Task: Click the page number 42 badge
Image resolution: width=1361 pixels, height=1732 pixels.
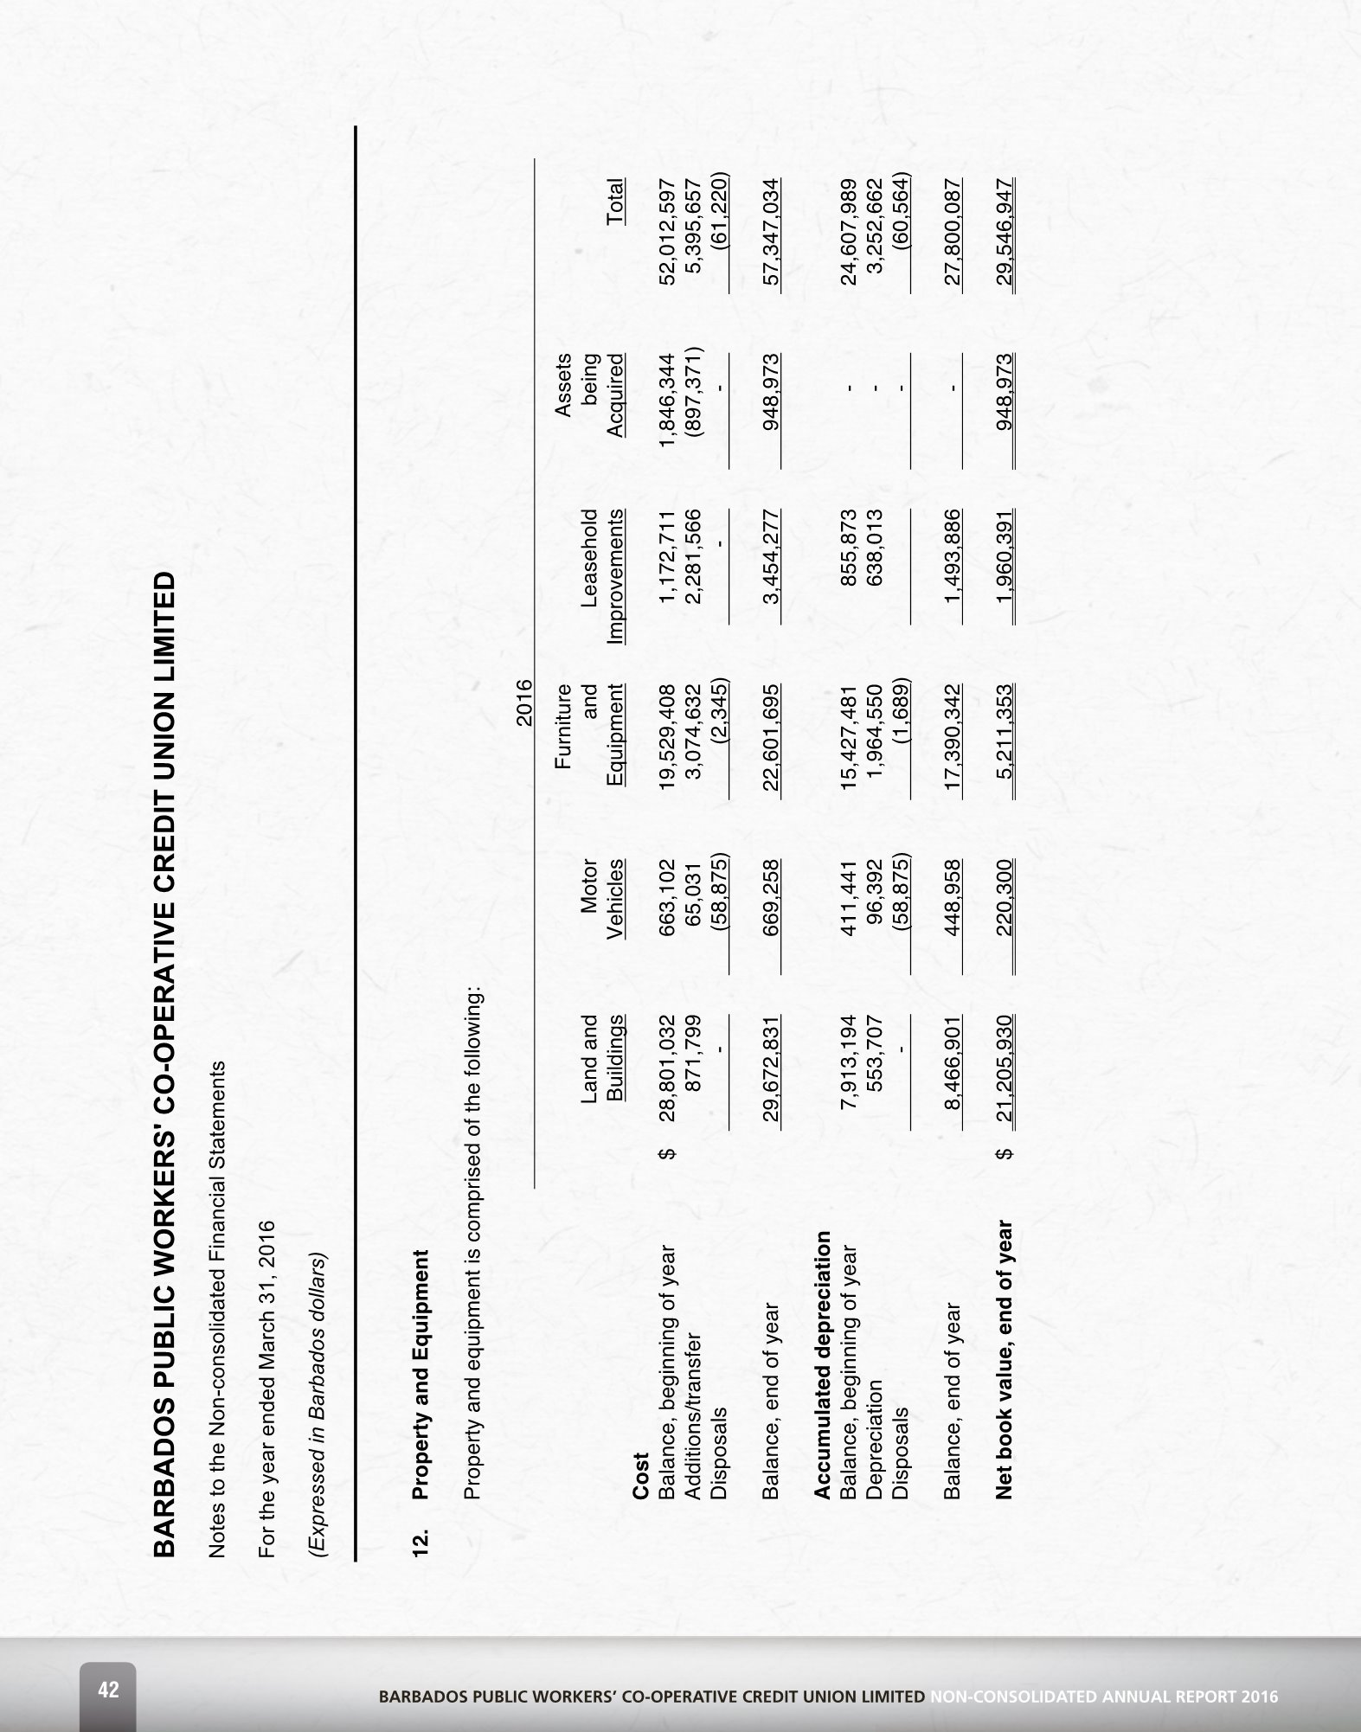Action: pos(108,1690)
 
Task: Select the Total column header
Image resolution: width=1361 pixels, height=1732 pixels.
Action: pos(614,202)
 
